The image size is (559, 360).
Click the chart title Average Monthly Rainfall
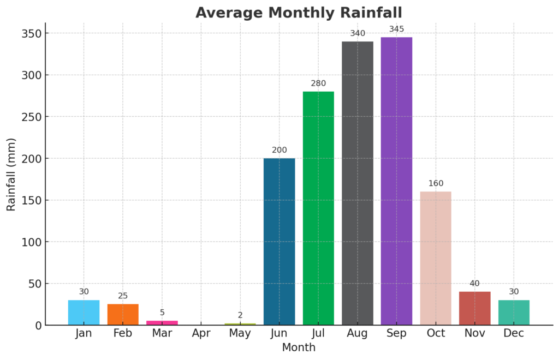(299, 12)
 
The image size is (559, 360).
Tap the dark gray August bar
(358, 183)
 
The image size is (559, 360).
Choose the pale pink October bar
(436, 258)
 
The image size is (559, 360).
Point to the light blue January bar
(84, 313)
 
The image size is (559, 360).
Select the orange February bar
(123, 315)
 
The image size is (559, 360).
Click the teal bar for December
(514, 313)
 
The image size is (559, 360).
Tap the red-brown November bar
(474, 308)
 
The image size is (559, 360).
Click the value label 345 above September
(396, 29)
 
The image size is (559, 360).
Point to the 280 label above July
(318, 83)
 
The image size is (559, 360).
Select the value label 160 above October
(436, 183)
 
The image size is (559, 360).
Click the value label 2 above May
(240, 315)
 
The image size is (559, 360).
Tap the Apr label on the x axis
(201, 333)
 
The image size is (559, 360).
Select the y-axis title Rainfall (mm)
(11, 175)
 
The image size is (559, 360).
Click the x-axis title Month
(299, 347)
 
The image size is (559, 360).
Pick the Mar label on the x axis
(162, 333)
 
